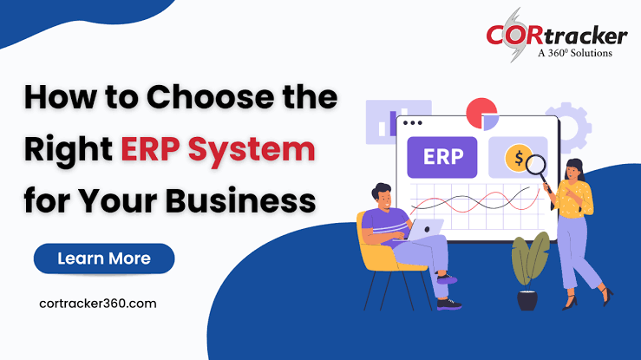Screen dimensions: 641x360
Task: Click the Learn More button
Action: [104, 259]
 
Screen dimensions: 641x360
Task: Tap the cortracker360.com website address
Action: [98, 304]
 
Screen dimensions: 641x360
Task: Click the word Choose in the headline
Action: [210, 97]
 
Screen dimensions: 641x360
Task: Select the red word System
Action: [252, 150]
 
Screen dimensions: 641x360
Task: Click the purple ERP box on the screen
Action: [442, 157]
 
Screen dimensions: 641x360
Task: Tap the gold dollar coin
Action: [518, 158]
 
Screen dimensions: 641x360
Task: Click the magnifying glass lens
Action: [535, 165]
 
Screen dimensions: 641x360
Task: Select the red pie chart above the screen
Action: [481, 113]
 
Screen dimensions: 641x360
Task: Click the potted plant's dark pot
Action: [527, 301]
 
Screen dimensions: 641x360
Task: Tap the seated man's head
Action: [383, 197]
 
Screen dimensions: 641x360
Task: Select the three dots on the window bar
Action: [413, 122]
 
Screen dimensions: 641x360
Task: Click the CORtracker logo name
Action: [556, 36]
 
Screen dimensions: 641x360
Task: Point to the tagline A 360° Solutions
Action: [575, 53]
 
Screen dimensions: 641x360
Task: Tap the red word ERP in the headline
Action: [150, 148]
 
